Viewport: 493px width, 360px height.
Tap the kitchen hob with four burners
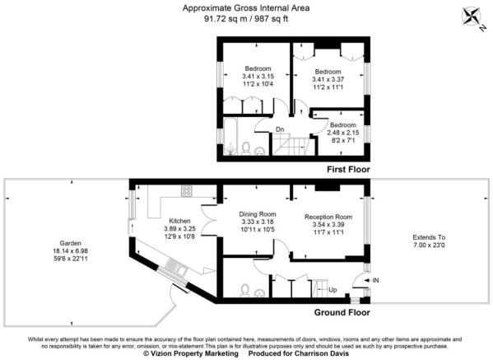187,190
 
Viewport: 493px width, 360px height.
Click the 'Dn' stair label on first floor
280,129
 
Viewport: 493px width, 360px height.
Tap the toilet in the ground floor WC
246,290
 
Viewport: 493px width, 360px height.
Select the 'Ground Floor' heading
338,313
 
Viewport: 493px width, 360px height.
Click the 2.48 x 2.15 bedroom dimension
343,133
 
